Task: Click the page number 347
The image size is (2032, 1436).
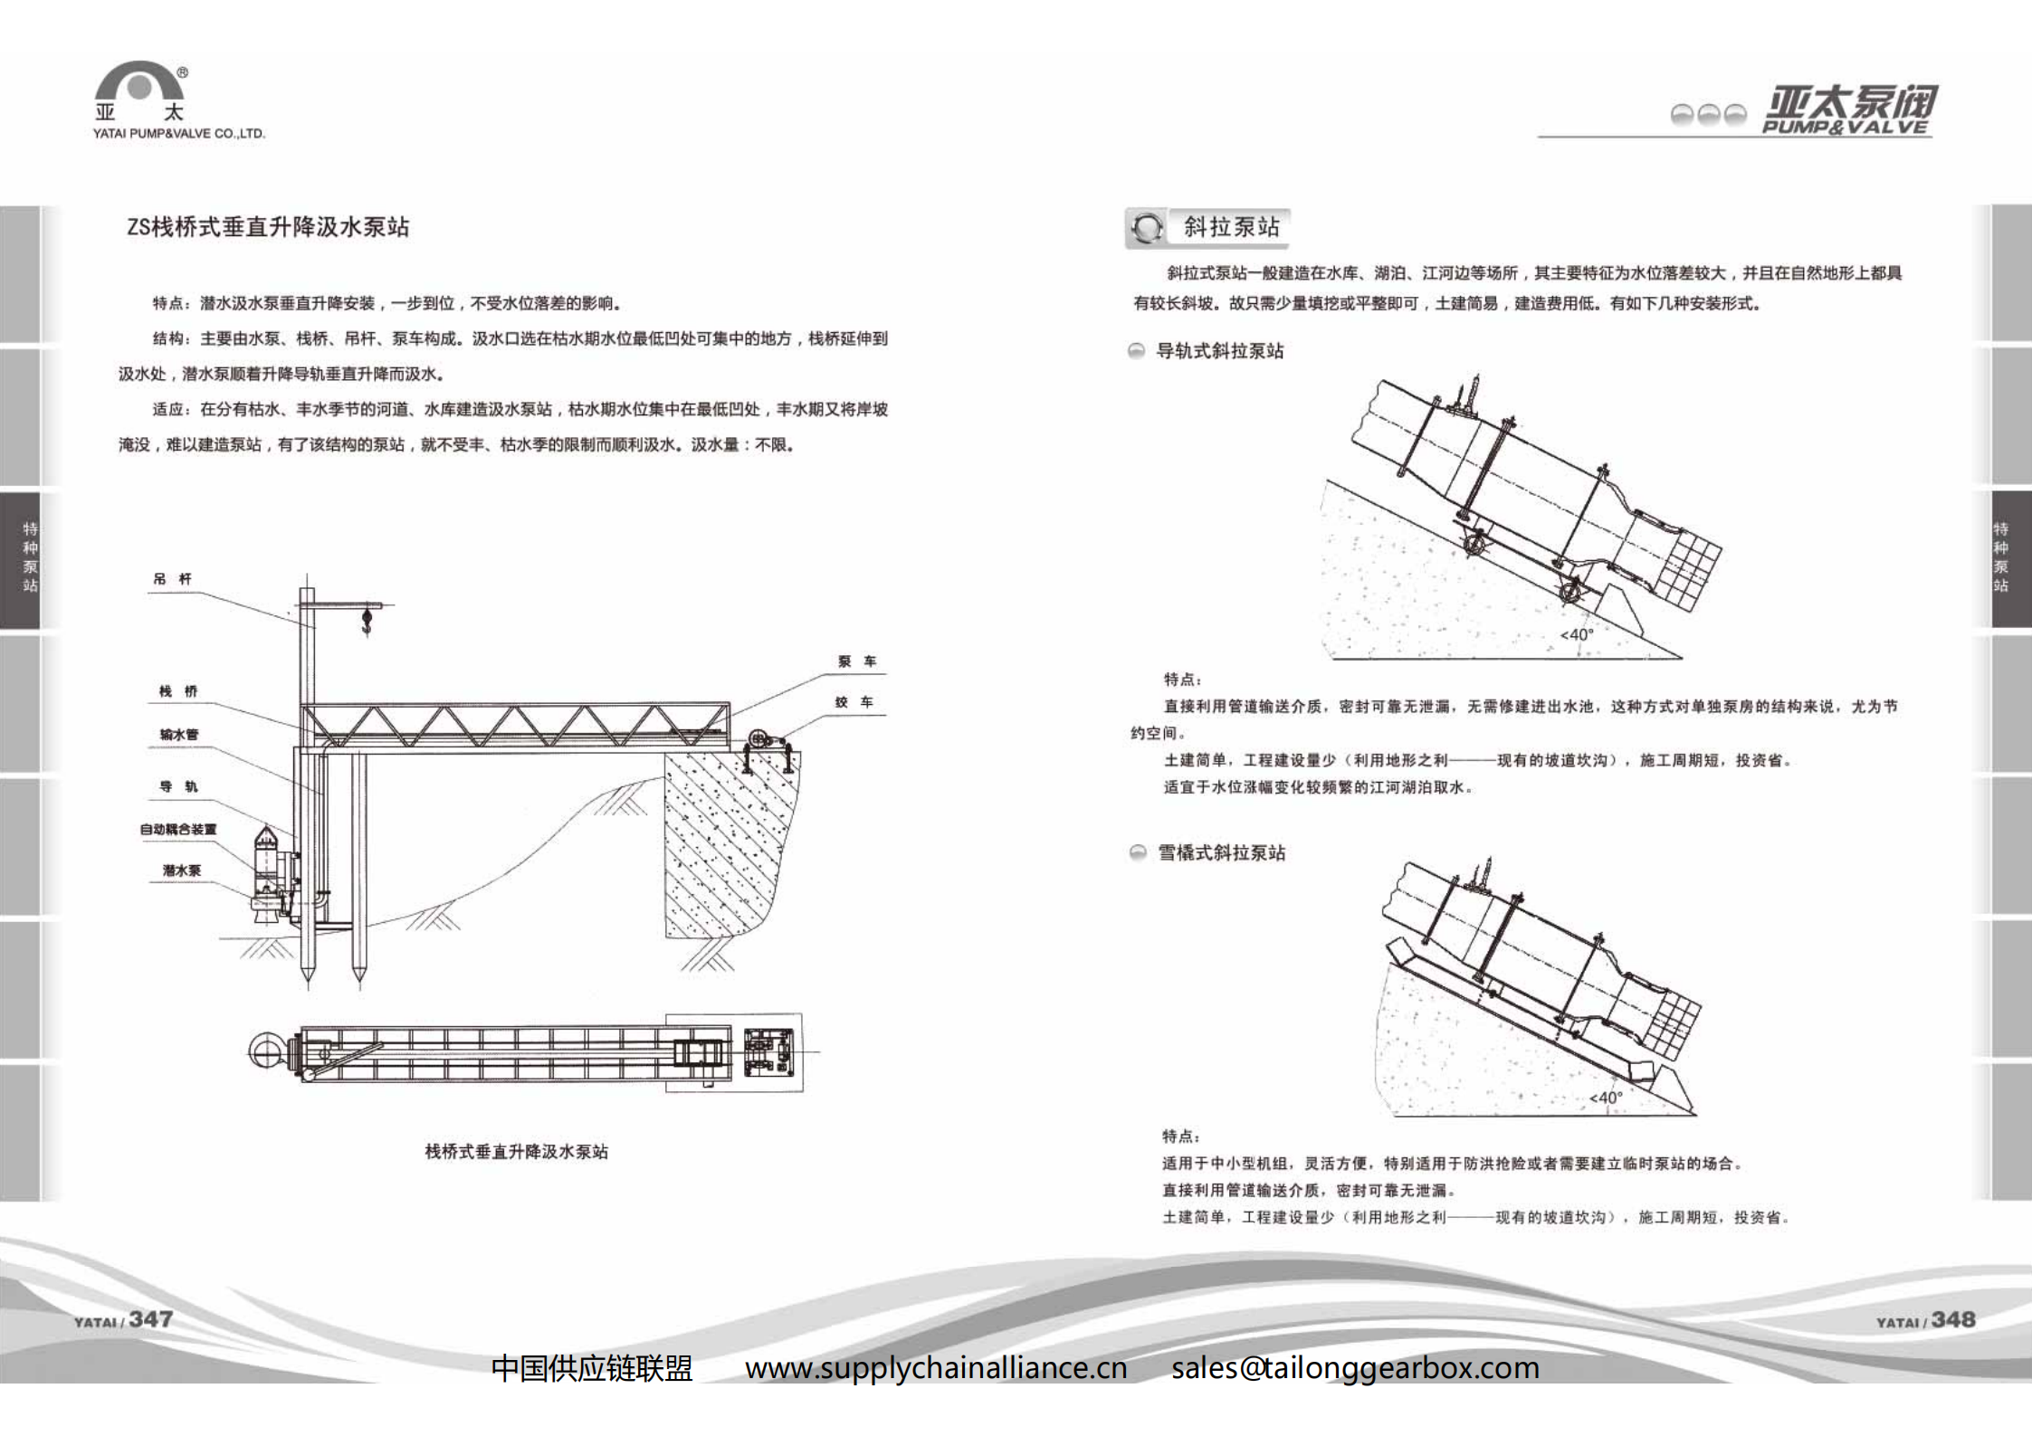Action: [x=150, y=1319]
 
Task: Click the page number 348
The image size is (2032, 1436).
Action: [x=1952, y=1319]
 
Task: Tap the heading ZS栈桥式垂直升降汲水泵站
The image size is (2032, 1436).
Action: [x=268, y=227]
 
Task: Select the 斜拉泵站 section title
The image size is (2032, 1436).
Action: [x=1231, y=227]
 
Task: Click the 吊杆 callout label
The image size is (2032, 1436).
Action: [x=172, y=579]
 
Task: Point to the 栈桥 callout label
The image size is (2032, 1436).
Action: [x=178, y=691]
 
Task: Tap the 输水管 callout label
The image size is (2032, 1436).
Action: [x=178, y=735]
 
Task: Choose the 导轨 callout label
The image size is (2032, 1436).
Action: [x=178, y=786]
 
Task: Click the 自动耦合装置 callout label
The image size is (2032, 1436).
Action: [x=178, y=829]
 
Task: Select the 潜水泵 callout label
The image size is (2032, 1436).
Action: [x=181, y=870]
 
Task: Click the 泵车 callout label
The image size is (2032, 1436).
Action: [x=856, y=661]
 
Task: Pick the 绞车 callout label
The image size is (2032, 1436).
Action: [x=854, y=702]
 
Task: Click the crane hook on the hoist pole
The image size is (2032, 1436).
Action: [x=367, y=621]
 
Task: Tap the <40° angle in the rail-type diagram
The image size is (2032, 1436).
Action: [x=1577, y=634]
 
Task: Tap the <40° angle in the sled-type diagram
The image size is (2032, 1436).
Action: [x=1606, y=1098]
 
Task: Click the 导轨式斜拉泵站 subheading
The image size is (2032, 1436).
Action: [x=1219, y=351]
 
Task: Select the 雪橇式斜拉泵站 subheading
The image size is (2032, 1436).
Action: [x=1221, y=852]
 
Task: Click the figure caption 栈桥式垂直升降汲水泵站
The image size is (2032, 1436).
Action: [x=516, y=1152]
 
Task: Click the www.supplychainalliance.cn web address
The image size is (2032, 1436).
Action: [x=936, y=1367]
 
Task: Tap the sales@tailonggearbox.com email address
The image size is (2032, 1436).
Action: [x=1355, y=1367]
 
